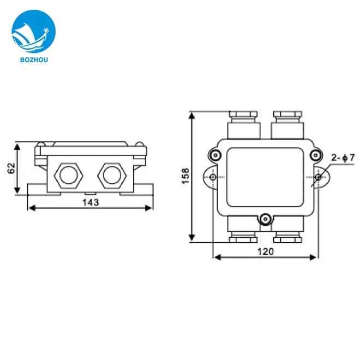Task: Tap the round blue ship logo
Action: [33, 33]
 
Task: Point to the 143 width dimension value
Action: [90, 202]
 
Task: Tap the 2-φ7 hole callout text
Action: [343, 158]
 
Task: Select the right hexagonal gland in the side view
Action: [112, 175]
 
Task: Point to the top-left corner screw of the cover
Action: [216, 155]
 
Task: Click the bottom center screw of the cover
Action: [265, 219]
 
